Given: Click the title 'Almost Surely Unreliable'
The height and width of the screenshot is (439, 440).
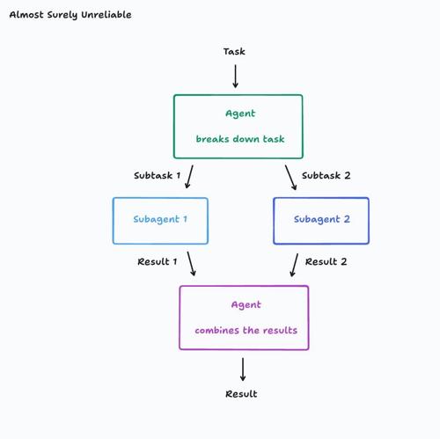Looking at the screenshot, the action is (70, 15).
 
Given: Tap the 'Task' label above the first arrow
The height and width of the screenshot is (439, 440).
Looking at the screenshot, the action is (234, 52).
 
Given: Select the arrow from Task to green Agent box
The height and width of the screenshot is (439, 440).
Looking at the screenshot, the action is (235, 77).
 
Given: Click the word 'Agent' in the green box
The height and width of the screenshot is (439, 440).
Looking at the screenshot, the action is (240, 113).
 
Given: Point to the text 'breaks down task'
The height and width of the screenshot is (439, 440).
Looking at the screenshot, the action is (240, 139).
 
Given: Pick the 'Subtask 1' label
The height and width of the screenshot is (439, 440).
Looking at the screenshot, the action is (157, 175).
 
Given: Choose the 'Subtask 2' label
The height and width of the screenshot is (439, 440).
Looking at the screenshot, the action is (326, 175).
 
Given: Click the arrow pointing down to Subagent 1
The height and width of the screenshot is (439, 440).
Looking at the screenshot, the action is (189, 177).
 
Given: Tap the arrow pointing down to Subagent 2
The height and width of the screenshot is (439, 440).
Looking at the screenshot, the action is (290, 178).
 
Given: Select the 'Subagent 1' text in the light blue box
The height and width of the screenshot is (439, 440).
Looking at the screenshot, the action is (160, 219).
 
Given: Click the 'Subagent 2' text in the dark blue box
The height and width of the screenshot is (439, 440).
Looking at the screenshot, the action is (322, 219).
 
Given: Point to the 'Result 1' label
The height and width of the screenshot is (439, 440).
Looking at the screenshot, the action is (158, 261).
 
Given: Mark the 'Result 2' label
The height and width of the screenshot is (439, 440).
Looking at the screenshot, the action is (326, 261).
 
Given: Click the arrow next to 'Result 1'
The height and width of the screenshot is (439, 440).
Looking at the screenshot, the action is (191, 264).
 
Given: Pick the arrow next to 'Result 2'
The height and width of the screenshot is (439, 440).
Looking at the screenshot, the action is (294, 265).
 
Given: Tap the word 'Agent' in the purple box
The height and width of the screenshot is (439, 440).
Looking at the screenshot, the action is (246, 305).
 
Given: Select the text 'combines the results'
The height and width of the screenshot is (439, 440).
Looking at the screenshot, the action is (246, 330).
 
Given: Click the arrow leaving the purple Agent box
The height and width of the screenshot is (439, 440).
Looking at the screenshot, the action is (243, 369).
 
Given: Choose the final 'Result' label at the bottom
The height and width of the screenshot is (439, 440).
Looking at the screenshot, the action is (241, 394).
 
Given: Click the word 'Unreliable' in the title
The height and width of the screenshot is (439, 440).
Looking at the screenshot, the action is (106, 15).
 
